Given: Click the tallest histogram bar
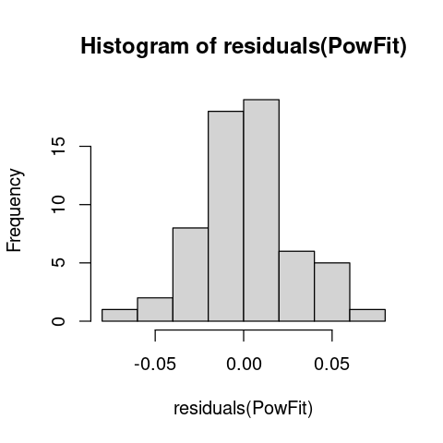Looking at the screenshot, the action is [x=261, y=210].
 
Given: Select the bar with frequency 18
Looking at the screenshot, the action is [x=226, y=216].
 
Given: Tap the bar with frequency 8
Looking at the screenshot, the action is [x=190, y=274].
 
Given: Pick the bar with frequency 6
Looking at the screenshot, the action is [x=296, y=286].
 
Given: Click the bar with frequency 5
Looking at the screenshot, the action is [x=332, y=292].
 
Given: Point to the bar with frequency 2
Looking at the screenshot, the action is [x=155, y=309].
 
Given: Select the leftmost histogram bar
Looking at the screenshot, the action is [x=120, y=316].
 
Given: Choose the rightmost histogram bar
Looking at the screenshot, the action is [x=367, y=316].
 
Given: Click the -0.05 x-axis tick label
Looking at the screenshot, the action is [x=155, y=365].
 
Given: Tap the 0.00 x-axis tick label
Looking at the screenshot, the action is [x=244, y=365].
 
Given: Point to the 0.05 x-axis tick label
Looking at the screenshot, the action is [x=332, y=365].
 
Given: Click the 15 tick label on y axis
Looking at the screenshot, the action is [x=58, y=146].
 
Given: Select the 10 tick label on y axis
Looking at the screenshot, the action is [x=58, y=205].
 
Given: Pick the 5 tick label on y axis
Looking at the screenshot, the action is [x=58, y=263].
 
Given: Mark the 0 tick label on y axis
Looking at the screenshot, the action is [x=58, y=321].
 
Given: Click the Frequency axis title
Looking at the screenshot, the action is [x=14, y=210].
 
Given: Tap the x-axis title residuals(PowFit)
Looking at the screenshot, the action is [x=244, y=409].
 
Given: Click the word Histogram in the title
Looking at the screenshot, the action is [x=135, y=47].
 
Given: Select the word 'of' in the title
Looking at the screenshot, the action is [x=206, y=46].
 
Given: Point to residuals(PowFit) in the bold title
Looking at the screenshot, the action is [x=315, y=47].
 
